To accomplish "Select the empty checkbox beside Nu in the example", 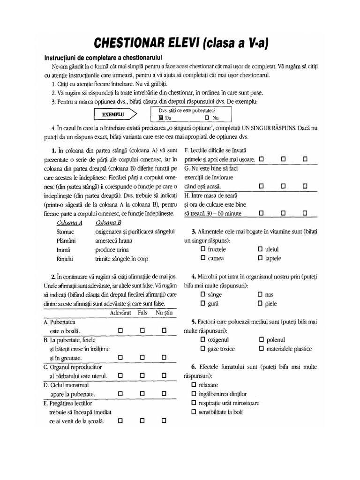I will pyautogui.click(x=207, y=118).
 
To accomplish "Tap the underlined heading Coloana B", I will pyautogui.click(x=108, y=223).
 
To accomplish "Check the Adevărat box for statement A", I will pyautogui.click(x=120, y=330).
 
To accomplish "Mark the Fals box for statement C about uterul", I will pyautogui.click(x=142, y=375).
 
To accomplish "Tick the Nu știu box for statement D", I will pyautogui.click(x=164, y=393).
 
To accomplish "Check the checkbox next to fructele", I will pyautogui.click(x=203, y=249).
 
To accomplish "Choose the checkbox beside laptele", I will pyautogui.click(x=260, y=258).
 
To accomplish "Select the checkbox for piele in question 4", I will pyautogui.click(x=260, y=303).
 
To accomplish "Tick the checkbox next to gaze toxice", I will pyautogui.click(x=203, y=349).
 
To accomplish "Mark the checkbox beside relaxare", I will pyautogui.click(x=194, y=385).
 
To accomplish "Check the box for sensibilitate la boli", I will pyautogui.click(x=194, y=412).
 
